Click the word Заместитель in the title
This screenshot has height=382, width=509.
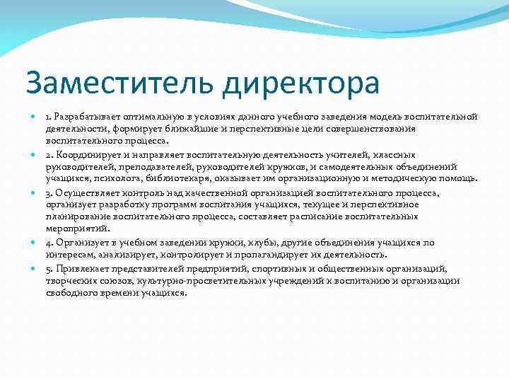click(107, 83)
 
